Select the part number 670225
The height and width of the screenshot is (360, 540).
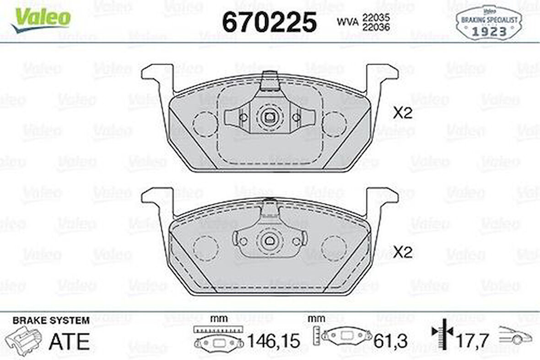[269, 22]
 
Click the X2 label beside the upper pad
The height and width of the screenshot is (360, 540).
[403, 114]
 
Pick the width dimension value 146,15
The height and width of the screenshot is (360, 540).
[273, 341]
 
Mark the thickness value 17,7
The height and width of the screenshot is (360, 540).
[473, 341]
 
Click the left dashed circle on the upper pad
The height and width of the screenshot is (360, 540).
[205, 124]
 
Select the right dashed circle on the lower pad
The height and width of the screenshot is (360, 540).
[334, 248]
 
